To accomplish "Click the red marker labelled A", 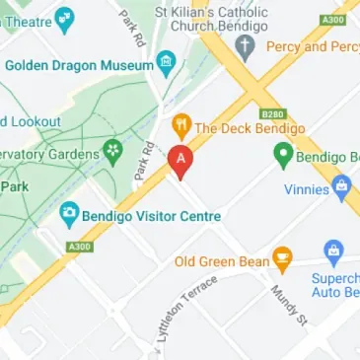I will coord(180,159).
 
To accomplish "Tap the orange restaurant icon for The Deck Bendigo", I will coord(180,126).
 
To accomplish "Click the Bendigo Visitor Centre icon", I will coord(69,212).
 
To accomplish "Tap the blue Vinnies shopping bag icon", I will coord(342,184).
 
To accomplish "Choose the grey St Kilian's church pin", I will coord(246,46).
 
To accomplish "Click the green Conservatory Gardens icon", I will coord(113,153).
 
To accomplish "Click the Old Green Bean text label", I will coord(222,261).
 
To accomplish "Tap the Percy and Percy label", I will coord(311,46).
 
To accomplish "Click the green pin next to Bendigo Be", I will coord(284,156).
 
